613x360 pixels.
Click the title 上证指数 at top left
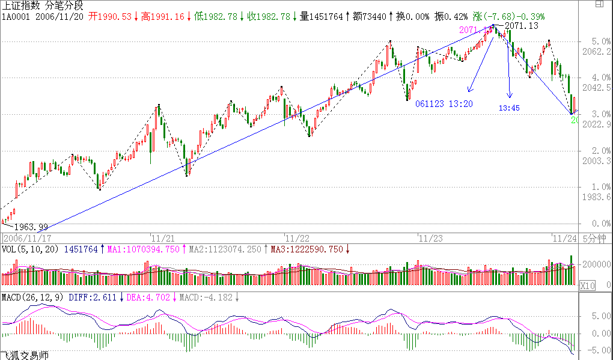(20, 5)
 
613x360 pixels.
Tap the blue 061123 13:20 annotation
(444, 104)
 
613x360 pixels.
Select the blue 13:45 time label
(510, 108)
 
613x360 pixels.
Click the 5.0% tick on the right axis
(592, 41)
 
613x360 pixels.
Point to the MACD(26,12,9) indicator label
(32, 297)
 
